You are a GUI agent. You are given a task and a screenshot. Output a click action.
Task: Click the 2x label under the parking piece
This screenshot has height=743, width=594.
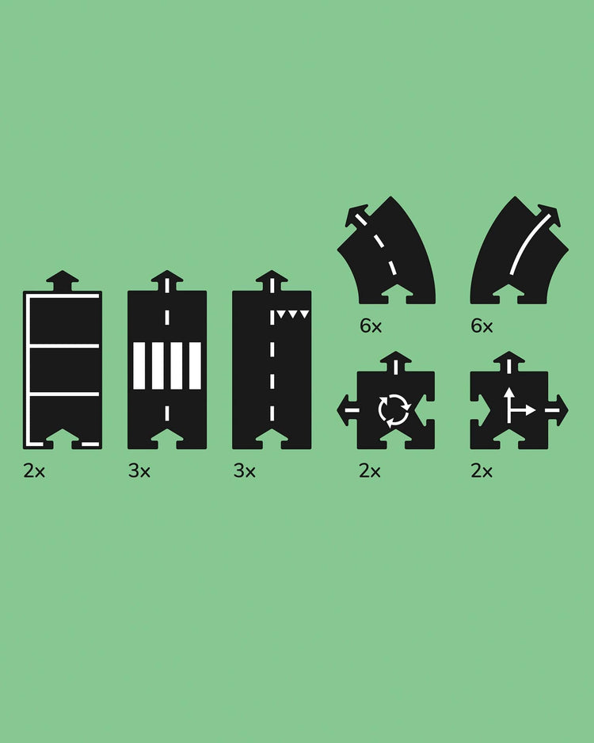34,471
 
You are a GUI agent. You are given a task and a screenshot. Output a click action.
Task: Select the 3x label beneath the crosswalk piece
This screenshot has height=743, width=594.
139,471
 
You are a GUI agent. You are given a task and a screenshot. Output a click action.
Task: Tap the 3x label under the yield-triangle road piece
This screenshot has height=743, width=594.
245,471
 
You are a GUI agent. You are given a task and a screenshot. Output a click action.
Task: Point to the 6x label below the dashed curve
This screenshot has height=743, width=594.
371,326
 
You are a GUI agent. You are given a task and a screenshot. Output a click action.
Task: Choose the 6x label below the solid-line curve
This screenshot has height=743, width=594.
482,326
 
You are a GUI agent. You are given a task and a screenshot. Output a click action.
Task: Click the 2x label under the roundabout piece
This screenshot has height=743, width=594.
370,471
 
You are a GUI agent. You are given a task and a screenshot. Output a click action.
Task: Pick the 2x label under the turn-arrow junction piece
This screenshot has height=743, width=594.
482,471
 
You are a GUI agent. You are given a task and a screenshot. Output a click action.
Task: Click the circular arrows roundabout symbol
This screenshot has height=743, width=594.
394,410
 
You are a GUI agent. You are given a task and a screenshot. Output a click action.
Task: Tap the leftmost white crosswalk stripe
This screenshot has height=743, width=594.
139,366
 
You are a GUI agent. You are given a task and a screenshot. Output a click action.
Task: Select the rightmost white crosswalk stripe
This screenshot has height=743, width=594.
195,366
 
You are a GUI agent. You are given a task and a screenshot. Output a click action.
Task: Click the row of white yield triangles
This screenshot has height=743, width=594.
293,314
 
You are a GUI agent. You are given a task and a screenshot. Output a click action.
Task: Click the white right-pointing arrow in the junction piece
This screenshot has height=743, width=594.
523,410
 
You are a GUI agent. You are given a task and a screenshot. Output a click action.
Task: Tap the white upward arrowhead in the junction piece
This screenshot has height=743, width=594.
508,392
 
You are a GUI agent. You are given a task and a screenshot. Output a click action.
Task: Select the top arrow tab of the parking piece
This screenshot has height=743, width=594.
63,280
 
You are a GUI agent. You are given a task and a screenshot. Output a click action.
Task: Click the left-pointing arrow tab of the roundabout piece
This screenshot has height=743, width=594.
347,410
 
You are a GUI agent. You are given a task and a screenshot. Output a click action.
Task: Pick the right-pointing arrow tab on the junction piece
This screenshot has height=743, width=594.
558,410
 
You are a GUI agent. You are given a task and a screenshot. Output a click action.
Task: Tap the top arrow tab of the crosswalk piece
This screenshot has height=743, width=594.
167,280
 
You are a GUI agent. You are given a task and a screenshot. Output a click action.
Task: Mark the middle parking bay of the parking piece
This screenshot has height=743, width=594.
65,370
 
